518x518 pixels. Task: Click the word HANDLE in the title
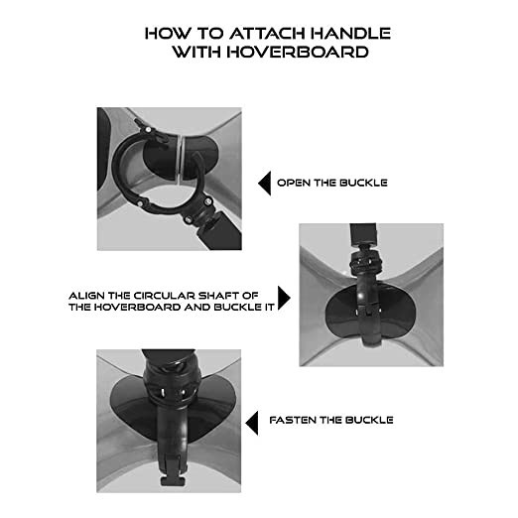[350, 34]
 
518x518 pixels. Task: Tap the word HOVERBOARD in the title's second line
[298, 52]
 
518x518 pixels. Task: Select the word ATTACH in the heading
[268, 34]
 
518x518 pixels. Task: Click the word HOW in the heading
[168, 34]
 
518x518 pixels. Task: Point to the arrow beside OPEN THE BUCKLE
[265, 183]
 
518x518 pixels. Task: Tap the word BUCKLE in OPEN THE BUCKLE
[363, 183]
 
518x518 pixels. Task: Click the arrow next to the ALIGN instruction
[284, 298]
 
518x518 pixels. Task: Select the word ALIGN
[86, 296]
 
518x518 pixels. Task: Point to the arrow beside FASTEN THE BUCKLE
[252, 423]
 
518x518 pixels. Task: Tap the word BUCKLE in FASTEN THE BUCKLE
[369, 420]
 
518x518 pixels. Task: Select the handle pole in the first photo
[220, 233]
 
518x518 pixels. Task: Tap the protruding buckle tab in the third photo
[173, 480]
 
